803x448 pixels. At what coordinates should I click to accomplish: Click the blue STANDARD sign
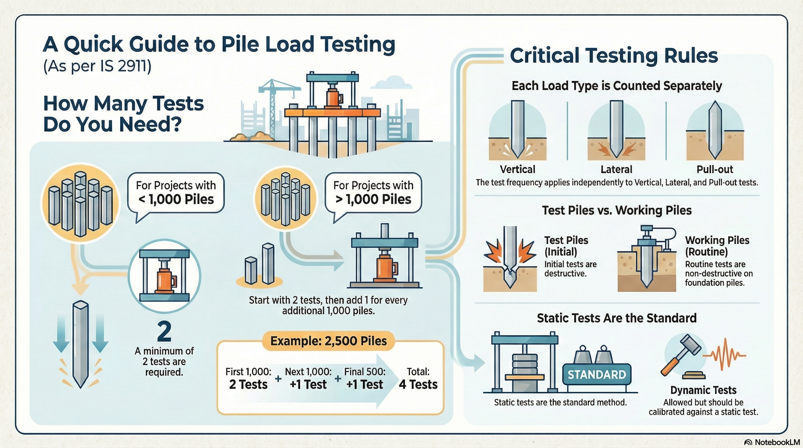click(x=597, y=374)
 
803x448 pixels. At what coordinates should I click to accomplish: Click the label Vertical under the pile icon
click(x=517, y=169)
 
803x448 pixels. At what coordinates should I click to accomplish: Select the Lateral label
click(x=616, y=169)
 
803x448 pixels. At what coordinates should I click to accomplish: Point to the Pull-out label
click(x=715, y=169)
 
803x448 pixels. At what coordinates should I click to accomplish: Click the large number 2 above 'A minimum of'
click(x=164, y=332)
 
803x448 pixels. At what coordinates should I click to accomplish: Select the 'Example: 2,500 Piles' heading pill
click(x=328, y=341)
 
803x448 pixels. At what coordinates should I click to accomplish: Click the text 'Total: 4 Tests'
click(x=418, y=379)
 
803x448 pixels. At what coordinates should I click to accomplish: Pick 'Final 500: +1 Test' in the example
click(x=364, y=379)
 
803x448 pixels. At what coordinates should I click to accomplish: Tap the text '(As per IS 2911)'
click(x=97, y=66)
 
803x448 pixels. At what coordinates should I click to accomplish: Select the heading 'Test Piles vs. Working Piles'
click(x=617, y=210)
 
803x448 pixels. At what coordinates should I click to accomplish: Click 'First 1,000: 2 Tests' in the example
click(x=248, y=379)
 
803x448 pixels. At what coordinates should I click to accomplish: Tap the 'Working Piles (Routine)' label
click(x=717, y=246)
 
